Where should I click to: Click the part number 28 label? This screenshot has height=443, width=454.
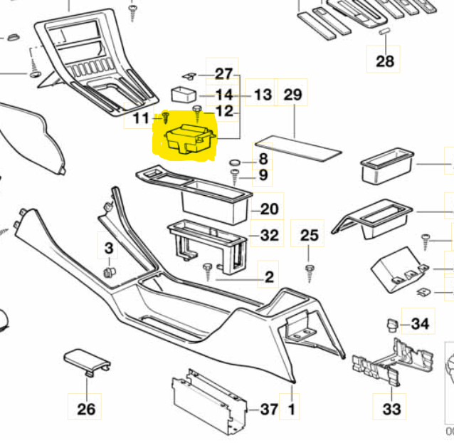point(385,61)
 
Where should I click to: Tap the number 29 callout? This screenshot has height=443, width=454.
point(292,94)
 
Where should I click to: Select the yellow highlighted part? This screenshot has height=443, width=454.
point(189,139)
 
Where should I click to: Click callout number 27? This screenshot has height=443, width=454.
point(224,74)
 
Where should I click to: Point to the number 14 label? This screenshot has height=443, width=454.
point(224,95)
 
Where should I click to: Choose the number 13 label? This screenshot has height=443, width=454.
point(263,95)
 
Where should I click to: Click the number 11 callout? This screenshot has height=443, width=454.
point(142,118)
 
